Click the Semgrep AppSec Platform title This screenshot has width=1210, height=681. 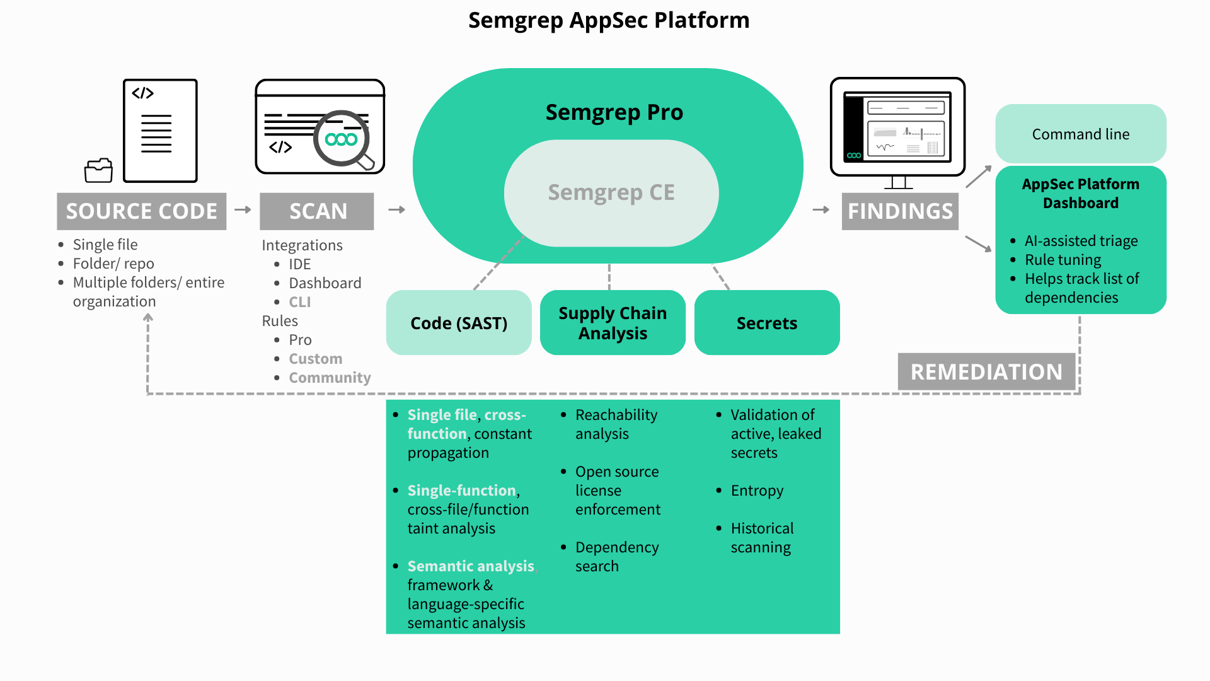click(x=609, y=20)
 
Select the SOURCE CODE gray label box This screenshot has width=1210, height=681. click(x=142, y=211)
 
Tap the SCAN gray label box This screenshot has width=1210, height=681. click(x=317, y=211)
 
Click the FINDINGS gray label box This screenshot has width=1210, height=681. click(x=900, y=211)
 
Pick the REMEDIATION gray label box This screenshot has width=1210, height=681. click(x=986, y=371)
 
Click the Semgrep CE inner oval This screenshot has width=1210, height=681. click(x=611, y=193)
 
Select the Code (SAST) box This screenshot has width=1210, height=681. click(x=459, y=323)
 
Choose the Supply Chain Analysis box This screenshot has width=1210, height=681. click(x=613, y=323)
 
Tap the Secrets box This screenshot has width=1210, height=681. click(x=767, y=323)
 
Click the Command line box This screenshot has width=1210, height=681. click(x=1081, y=134)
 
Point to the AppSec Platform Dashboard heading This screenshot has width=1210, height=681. click(x=1081, y=194)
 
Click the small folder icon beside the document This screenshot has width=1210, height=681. click(x=98, y=170)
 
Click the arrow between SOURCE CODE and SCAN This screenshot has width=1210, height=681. click(x=243, y=209)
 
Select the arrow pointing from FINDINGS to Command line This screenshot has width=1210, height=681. click(x=979, y=177)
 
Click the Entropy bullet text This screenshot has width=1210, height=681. click(x=757, y=491)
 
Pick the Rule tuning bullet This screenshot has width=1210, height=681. click(x=1063, y=260)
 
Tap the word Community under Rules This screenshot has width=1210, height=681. click(x=330, y=378)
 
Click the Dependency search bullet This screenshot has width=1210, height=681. click(x=616, y=556)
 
